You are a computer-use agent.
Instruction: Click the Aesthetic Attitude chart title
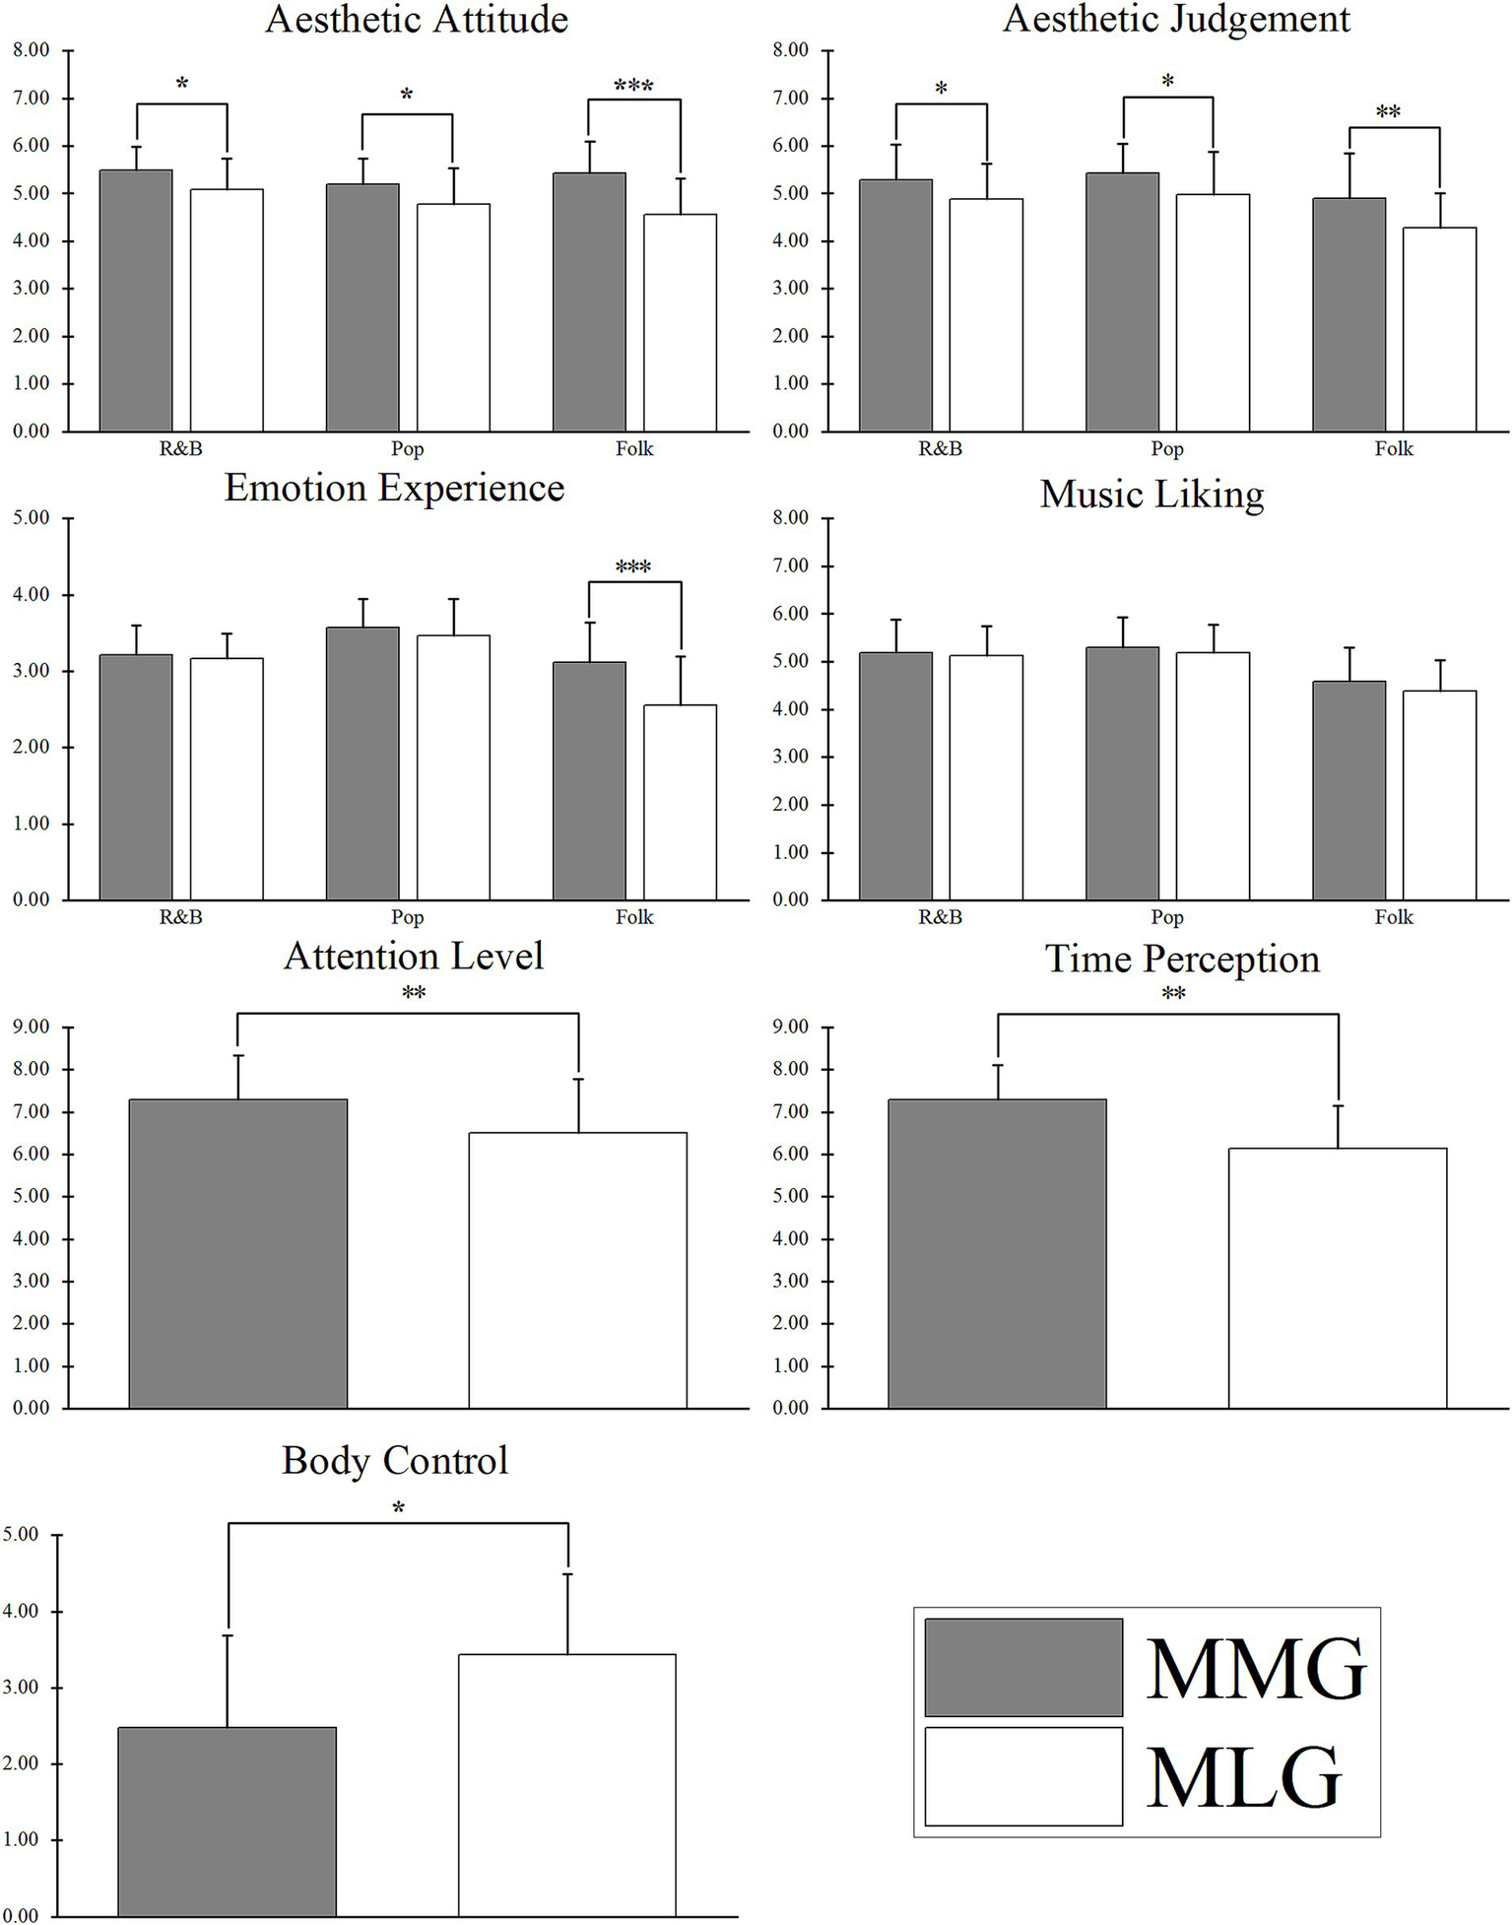click(417, 20)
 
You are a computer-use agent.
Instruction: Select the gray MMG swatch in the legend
click(1022, 1667)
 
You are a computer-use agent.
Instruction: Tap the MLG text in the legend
click(1244, 1778)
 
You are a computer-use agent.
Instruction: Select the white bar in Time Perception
click(1337, 1278)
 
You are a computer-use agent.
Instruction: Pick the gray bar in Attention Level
click(237, 1253)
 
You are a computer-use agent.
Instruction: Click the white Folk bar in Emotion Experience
click(680, 802)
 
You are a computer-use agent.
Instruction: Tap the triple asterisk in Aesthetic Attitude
click(633, 86)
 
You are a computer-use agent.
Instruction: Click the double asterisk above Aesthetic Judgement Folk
click(1387, 112)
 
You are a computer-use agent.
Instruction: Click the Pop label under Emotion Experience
click(407, 917)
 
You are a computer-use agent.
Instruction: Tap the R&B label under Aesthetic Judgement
click(940, 449)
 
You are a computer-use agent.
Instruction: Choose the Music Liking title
click(1151, 494)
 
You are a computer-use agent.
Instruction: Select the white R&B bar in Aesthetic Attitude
click(227, 310)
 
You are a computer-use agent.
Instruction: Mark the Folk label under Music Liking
click(1393, 917)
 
